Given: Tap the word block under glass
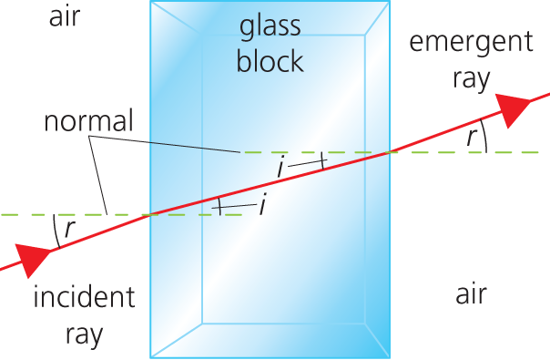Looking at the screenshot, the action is click(270, 61).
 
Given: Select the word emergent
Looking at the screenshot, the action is click(470, 43).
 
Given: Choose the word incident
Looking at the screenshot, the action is click(83, 297).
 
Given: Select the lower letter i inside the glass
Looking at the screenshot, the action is click(262, 206).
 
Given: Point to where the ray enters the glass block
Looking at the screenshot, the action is click(150, 214).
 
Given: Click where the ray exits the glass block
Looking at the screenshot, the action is click(392, 151).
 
